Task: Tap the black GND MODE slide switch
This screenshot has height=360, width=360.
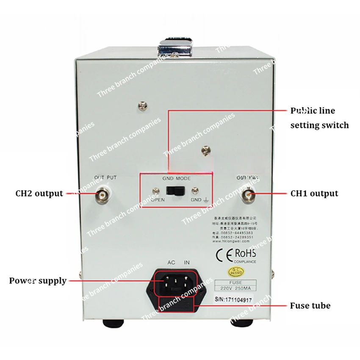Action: pyautogui.click(x=175, y=191)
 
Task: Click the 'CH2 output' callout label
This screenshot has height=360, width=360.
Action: pyautogui.click(x=39, y=194)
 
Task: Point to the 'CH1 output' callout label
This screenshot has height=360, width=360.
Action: pyautogui.click(x=314, y=194)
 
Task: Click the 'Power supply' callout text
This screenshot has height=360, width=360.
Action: pyautogui.click(x=38, y=280)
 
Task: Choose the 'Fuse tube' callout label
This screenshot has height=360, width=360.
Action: pyautogui.click(x=310, y=305)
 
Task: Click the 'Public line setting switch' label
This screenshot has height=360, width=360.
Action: pyautogui.click(x=319, y=118)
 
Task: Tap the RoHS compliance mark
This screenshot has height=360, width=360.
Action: pyautogui.click(x=244, y=254)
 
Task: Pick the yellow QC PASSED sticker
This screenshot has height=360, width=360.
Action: pyautogui.click(x=235, y=270)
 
